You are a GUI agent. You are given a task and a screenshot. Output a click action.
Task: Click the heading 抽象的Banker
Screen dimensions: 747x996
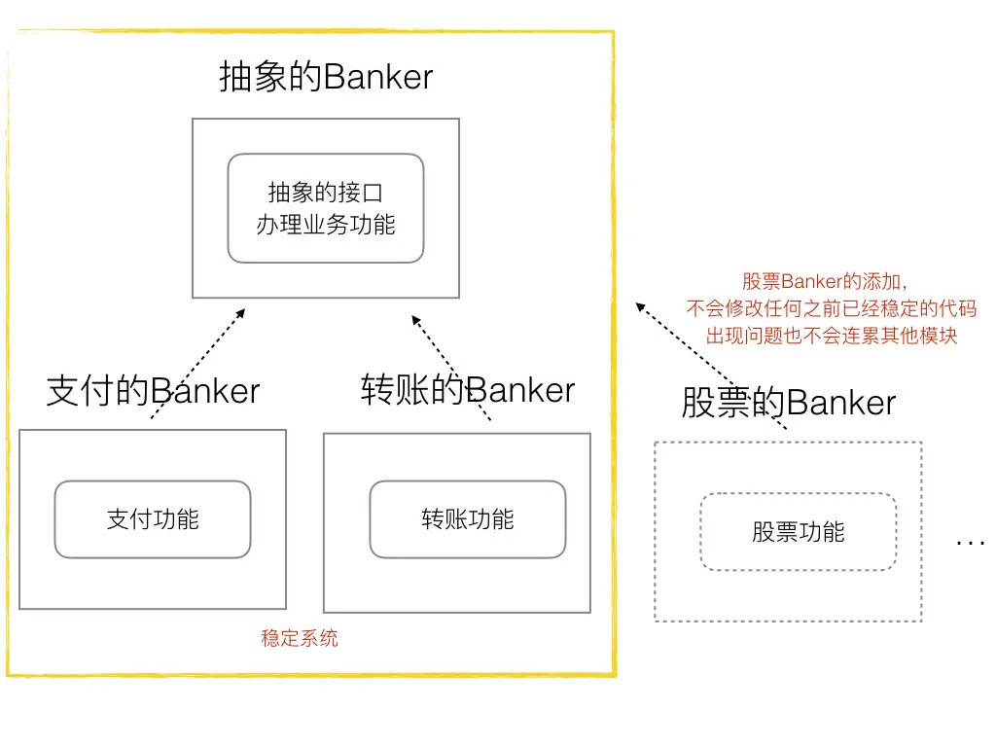pos(326,78)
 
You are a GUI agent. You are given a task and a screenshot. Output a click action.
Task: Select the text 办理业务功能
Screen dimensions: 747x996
pos(326,224)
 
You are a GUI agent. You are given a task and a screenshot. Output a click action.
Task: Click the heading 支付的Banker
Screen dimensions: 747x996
pos(153,391)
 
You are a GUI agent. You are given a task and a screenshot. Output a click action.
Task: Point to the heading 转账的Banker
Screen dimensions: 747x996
pos(468,390)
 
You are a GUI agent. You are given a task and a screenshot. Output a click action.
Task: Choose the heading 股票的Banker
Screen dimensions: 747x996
pos(788,403)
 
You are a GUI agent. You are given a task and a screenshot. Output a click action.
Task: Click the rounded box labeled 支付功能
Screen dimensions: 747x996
pos(153,519)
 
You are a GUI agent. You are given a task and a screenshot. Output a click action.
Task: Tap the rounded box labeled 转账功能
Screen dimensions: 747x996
pos(468,519)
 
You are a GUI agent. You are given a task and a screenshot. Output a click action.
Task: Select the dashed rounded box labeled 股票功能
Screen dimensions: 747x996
pos(798,532)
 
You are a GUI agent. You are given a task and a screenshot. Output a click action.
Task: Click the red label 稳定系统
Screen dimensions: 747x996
pos(300,639)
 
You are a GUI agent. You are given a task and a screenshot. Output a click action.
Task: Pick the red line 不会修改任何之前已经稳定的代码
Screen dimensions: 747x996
pos(831,309)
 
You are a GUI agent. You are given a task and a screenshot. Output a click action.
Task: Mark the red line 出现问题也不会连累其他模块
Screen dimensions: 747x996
pos(832,337)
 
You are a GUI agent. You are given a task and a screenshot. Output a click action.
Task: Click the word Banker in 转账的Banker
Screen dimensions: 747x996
pos(520,390)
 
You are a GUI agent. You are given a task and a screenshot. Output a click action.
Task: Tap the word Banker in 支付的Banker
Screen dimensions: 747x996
pos(205,391)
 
